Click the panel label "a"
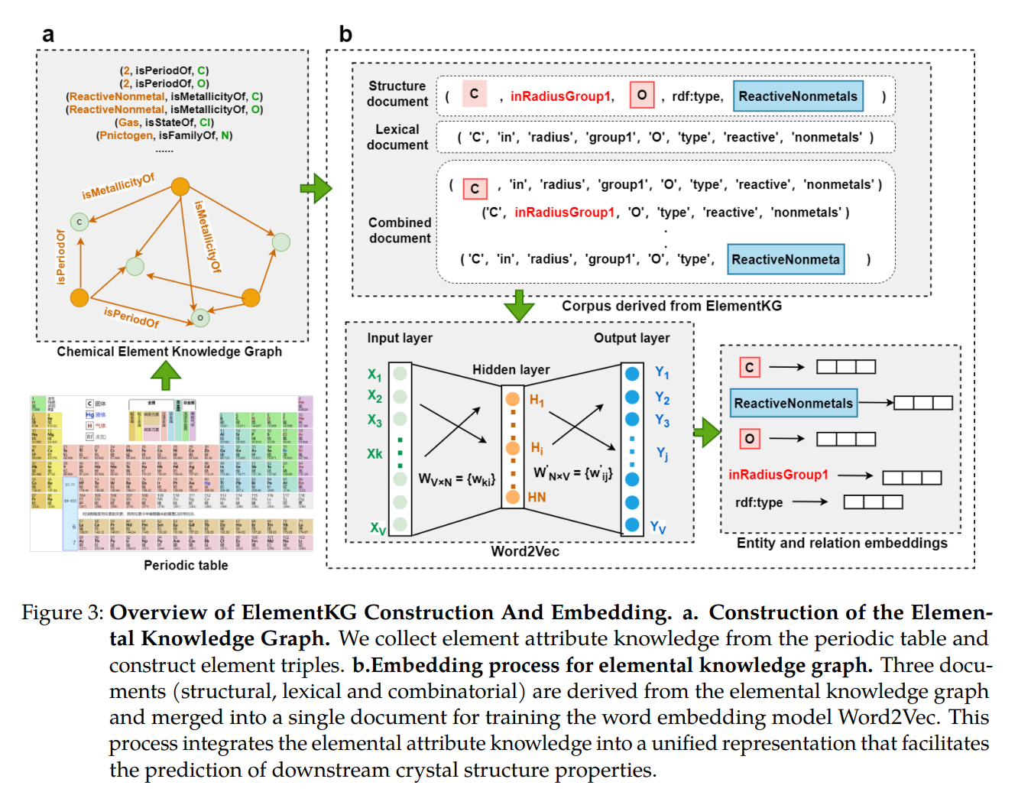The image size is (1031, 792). click(48, 34)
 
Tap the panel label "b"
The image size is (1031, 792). click(345, 34)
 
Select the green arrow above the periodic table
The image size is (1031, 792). click(166, 375)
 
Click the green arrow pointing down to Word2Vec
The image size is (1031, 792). click(519, 305)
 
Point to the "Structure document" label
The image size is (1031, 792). click(397, 94)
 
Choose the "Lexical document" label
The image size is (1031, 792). click(397, 138)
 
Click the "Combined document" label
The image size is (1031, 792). click(400, 230)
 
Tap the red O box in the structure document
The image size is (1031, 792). click(641, 96)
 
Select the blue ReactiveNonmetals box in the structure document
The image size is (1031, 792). click(798, 96)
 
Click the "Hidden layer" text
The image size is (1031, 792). click(511, 370)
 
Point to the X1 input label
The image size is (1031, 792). click(374, 375)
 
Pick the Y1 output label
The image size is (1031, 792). click(662, 373)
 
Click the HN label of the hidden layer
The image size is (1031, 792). click(537, 498)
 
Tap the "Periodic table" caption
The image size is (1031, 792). click(186, 565)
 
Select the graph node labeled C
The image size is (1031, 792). click(79, 222)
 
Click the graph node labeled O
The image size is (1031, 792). click(200, 317)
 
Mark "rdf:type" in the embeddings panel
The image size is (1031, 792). click(759, 502)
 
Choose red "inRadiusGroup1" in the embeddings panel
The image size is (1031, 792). click(778, 475)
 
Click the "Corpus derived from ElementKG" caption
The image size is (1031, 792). click(672, 306)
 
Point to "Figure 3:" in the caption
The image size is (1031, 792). click(62, 613)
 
